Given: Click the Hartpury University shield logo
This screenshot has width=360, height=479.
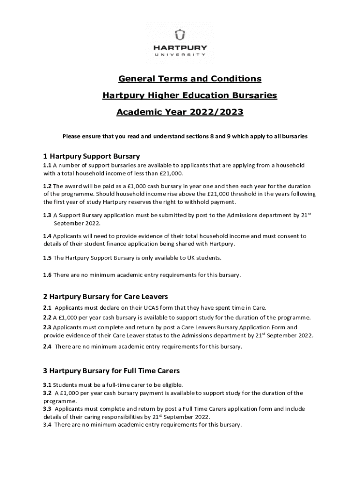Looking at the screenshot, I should click(x=180, y=36).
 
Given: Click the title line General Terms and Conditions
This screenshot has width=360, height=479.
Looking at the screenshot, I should click(x=189, y=79).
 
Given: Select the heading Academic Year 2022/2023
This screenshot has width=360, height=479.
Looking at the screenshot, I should click(x=180, y=113).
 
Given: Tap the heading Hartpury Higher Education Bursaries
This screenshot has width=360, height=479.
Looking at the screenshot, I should click(x=190, y=95).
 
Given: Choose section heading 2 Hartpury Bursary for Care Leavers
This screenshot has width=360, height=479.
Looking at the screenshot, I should click(x=106, y=297).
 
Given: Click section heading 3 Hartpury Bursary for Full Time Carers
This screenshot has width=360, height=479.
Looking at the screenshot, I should click(x=111, y=370).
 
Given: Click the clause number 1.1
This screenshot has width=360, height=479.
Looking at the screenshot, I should click(x=47, y=166).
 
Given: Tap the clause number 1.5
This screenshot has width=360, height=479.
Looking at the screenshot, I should click(x=47, y=258).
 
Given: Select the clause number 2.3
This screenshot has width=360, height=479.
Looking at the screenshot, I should click(x=47, y=327).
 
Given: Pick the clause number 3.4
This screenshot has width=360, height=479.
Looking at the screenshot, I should click(x=47, y=425).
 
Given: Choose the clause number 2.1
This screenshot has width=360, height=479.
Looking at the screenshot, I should click(x=47, y=308).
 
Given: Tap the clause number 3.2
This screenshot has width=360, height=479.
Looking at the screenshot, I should click(x=47, y=393).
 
